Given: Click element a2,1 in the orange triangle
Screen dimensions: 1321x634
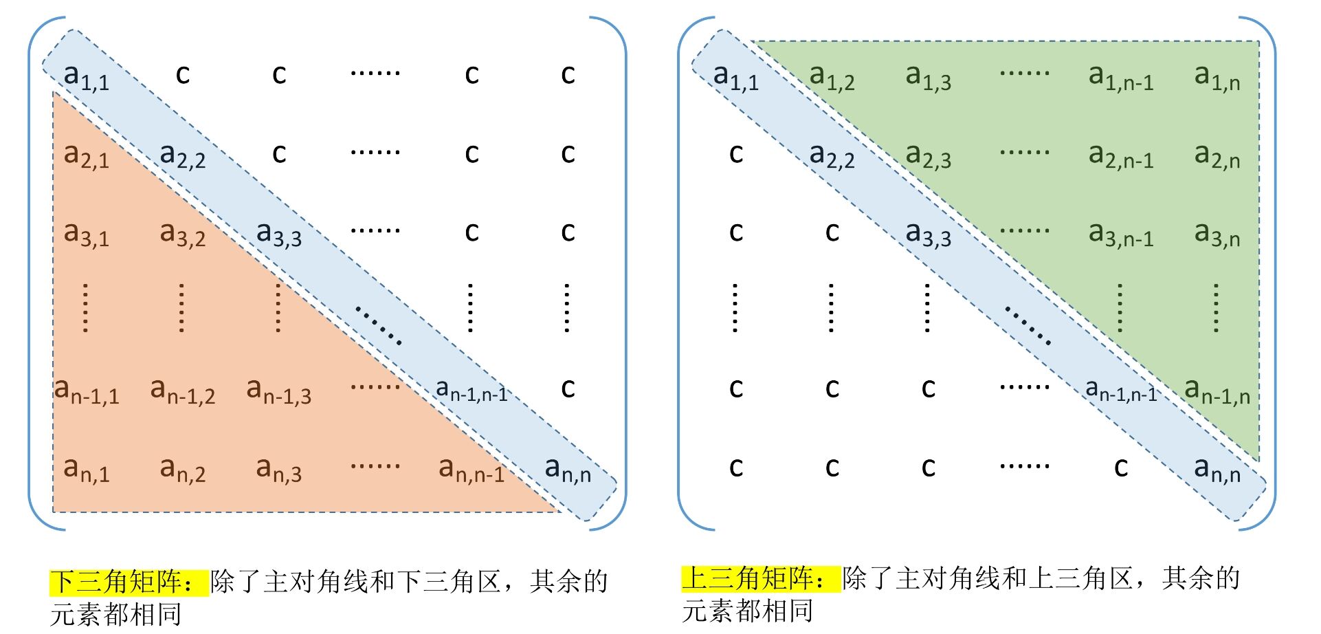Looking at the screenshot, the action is point(87,156).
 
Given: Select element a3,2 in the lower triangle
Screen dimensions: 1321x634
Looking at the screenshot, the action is point(183,234).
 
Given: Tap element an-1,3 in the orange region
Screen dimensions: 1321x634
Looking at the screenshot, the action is point(279,391).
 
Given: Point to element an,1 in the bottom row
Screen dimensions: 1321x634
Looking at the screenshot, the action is point(87,470).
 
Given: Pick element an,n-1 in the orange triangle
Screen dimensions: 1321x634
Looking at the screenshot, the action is point(471,470).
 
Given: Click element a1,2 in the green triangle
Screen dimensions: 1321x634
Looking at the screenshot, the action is point(832,78).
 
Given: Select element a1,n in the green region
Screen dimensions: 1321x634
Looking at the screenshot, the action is point(1217,78).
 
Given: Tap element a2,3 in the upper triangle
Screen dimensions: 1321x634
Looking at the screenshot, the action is point(929,156).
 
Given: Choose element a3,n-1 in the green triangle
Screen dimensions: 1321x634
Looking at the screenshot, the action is point(1121,234).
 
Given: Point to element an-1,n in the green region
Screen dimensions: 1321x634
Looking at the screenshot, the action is point(1217,391).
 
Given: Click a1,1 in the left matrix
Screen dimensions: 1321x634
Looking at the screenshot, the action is point(87,78).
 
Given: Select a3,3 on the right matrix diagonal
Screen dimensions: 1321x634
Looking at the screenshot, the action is point(929,234).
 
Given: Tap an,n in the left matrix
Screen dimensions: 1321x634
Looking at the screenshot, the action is point(568,470).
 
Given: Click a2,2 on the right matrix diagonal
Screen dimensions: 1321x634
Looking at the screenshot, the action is point(832,156).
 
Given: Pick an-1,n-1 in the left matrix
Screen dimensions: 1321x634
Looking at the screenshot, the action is point(471,391).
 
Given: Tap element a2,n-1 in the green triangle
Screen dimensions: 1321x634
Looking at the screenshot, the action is point(1121,156).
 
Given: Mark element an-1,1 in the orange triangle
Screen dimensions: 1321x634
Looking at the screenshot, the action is point(87,391).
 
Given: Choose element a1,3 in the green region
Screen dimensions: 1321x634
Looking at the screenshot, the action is point(929,78).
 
